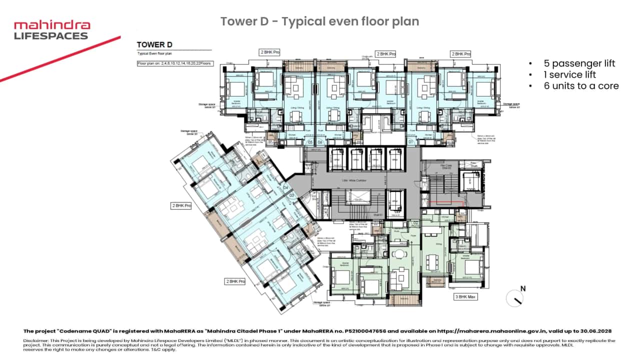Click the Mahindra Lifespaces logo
[x=52, y=30]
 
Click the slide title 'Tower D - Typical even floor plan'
[x=319, y=21]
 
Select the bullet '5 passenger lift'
[x=579, y=63]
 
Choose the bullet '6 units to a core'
[x=581, y=86]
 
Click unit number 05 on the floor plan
[x=310, y=142]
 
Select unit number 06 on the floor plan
[x=320, y=142]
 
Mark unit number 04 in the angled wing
[x=285, y=188]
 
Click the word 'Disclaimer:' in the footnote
[x=34, y=340]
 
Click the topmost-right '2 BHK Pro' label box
[x=460, y=53]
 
